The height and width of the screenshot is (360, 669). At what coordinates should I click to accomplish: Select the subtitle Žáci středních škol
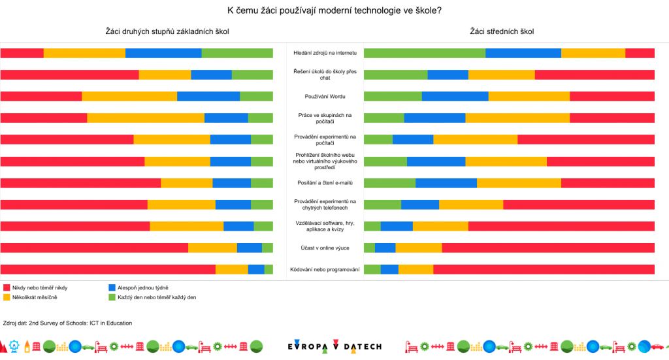tap(502, 31)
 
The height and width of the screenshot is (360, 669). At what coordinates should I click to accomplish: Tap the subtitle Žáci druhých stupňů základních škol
tap(167, 31)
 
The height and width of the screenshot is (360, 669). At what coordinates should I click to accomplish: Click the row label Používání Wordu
tap(325, 97)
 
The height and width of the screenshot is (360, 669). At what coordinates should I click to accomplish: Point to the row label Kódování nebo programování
tap(325, 269)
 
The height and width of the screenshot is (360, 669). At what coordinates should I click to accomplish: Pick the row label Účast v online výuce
tap(325, 248)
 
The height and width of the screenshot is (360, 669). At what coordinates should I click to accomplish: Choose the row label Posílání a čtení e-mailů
tap(325, 183)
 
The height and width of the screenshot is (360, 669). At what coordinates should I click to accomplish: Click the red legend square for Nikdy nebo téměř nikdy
tap(7, 287)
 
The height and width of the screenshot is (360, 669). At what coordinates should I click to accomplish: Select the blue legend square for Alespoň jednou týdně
tap(111, 287)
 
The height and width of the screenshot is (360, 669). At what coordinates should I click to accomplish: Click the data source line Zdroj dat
tap(68, 323)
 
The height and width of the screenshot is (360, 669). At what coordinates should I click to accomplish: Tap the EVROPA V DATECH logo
tap(334, 346)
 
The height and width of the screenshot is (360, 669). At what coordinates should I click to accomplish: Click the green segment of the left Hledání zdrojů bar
tap(237, 54)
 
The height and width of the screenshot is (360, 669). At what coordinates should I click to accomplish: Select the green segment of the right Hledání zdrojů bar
tap(425, 54)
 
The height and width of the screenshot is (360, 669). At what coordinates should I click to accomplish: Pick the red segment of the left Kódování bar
tap(108, 269)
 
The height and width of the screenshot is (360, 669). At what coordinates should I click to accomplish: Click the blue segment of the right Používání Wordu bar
tap(455, 97)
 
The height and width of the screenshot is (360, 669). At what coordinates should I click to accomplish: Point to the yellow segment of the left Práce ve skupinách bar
tap(146, 118)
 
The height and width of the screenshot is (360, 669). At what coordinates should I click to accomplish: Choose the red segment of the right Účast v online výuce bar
tap(548, 248)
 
